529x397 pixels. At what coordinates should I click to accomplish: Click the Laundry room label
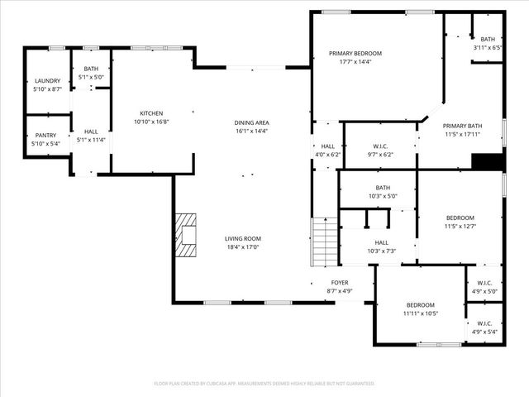[47, 80]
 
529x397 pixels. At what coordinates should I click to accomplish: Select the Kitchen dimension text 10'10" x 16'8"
[151, 122]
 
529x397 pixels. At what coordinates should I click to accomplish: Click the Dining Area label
[252, 122]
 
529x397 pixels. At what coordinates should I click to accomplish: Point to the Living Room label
[243, 238]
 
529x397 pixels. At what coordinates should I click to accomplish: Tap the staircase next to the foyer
[324, 241]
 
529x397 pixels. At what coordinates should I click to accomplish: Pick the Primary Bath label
[462, 126]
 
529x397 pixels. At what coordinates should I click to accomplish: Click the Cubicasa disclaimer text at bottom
[264, 383]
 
